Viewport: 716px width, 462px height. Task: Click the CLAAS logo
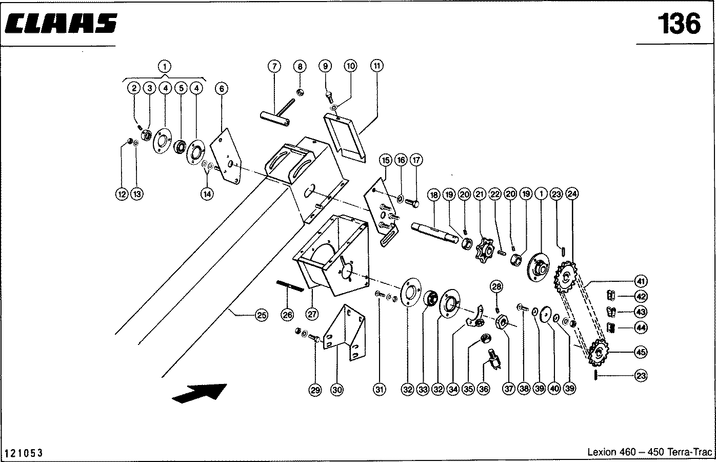tap(62, 24)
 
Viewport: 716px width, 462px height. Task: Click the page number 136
tap(678, 24)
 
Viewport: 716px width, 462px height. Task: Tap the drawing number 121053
tap(24, 453)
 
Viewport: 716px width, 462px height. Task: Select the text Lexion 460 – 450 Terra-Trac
tap(649, 452)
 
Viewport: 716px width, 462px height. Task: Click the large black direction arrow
tap(199, 394)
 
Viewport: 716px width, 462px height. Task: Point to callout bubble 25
tap(261, 315)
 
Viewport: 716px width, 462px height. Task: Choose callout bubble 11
tap(377, 66)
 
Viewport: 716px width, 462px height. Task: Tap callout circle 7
tap(274, 66)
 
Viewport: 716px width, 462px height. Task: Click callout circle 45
tap(641, 352)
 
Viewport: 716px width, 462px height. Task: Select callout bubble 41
tap(641, 281)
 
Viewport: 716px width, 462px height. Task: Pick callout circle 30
tap(336, 390)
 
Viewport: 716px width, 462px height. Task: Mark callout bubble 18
tap(434, 195)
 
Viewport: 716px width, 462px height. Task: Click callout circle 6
tap(222, 88)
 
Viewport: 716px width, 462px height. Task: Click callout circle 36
tap(484, 390)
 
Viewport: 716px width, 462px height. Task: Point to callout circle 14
tap(207, 194)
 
